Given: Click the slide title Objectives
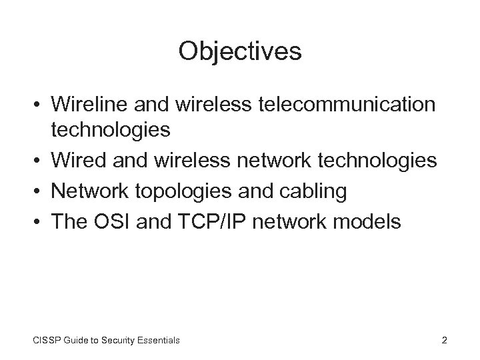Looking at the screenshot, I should tap(240, 52).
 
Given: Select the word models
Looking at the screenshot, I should tap(369, 221).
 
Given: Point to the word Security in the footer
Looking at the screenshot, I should tap(110, 341).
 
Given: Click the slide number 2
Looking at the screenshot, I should tap(444, 341).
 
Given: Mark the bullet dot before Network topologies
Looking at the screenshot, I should tap(41, 192).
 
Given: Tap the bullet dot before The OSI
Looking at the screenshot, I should tap(41, 221).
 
